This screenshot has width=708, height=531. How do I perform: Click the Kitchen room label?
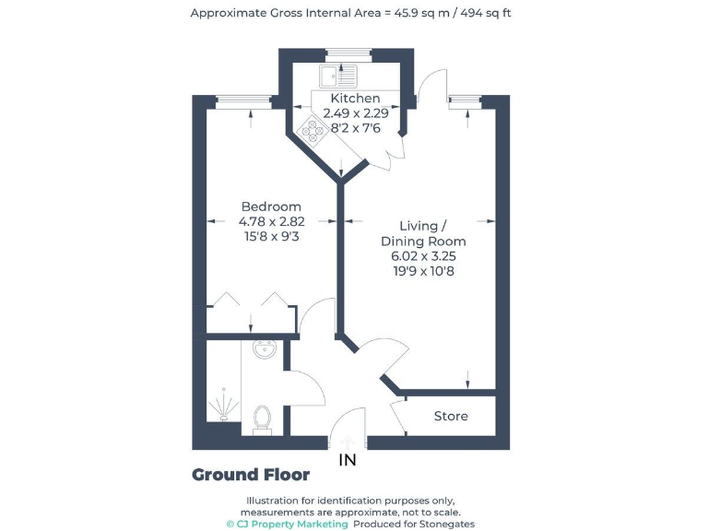(355, 98)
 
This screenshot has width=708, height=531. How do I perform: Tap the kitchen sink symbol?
(337, 75)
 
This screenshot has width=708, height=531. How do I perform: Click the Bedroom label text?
(271, 206)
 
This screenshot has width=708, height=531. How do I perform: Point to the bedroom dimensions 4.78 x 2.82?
(271, 221)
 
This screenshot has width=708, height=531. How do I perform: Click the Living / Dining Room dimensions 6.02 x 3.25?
(423, 255)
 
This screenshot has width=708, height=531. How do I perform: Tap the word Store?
(451, 416)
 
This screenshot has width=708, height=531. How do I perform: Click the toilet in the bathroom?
(262, 419)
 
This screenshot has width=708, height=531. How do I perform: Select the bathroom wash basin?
(266, 348)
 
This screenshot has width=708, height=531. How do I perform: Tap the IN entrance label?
(348, 460)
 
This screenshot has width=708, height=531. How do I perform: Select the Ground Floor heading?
(251, 475)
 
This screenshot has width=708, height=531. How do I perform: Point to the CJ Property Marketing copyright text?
(288, 524)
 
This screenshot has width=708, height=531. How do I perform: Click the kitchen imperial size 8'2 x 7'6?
(355, 128)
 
